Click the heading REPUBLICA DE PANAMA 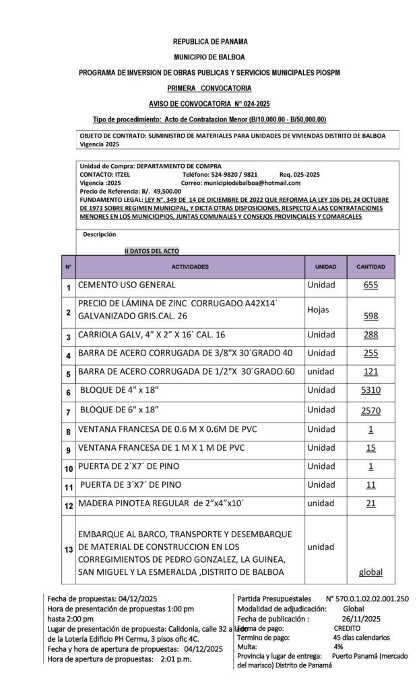(x=209, y=42)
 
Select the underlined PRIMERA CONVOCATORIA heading (x=209, y=88)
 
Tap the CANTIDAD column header (x=370, y=267)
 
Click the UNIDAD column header (x=325, y=267)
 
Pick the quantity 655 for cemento (x=370, y=285)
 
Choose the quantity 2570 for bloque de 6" (x=370, y=410)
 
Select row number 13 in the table (x=68, y=550)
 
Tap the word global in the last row (x=370, y=572)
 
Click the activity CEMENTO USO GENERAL (x=127, y=285)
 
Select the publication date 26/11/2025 (x=361, y=619)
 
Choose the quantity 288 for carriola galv (x=370, y=335)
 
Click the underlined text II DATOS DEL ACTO (x=152, y=251)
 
